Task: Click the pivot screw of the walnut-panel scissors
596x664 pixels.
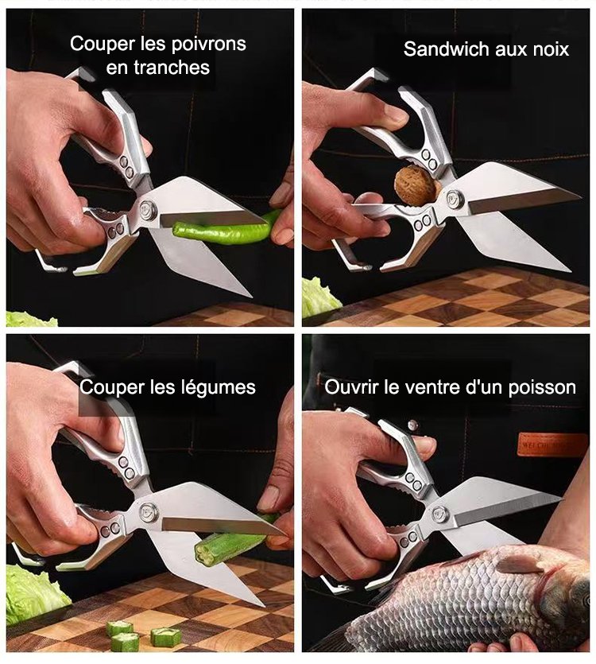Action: click(x=455, y=198)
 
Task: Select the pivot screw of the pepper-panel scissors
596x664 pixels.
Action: click(x=148, y=210)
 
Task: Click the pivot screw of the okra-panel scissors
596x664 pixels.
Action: click(x=148, y=511)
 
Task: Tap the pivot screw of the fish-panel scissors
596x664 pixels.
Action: click(x=439, y=514)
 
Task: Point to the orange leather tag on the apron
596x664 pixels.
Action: click(x=551, y=445)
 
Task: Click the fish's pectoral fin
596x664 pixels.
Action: click(x=520, y=564)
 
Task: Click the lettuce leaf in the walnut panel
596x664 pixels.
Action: click(x=319, y=298)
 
